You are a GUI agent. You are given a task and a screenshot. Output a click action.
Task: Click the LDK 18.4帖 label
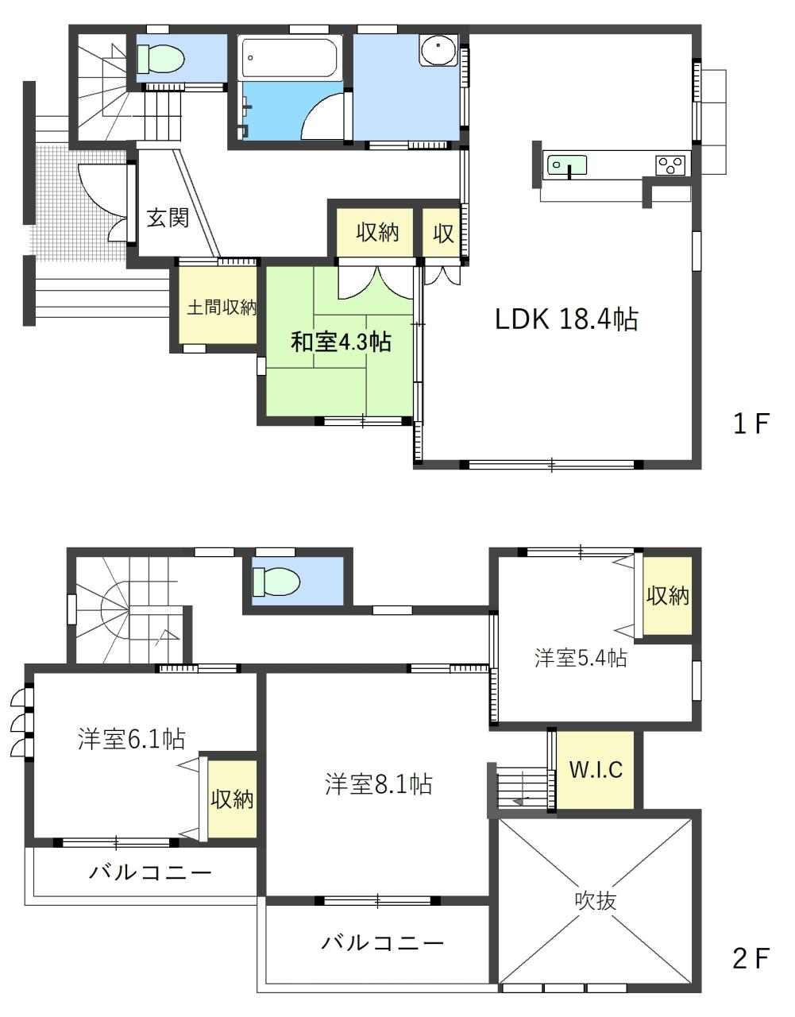click(x=566, y=319)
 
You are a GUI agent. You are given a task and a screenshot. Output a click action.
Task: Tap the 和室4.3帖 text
click(x=342, y=342)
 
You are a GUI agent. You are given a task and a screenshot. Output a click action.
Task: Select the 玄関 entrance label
click(x=168, y=218)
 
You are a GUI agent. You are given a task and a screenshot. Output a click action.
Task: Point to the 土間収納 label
click(x=222, y=307)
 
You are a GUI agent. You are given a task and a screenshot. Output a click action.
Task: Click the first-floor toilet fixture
click(x=160, y=59)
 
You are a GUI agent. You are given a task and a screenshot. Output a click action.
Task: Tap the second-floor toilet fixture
click(x=276, y=582)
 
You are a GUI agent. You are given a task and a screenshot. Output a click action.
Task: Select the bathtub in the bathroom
click(x=290, y=57)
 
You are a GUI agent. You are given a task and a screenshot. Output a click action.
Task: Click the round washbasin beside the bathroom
click(x=438, y=49)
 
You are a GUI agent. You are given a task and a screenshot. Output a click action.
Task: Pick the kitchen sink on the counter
click(x=567, y=165)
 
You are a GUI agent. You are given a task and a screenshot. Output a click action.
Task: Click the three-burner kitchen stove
click(x=672, y=164)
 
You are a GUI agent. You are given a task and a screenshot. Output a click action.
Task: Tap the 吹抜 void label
click(x=596, y=900)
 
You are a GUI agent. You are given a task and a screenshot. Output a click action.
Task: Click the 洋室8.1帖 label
click(x=379, y=784)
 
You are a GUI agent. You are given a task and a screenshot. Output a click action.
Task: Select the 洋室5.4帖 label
click(x=581, y=658)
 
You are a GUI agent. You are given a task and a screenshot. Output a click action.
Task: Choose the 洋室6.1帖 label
click(x=132, y=739)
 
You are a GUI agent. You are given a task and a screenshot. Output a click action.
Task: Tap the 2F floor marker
click(x=751, y=958)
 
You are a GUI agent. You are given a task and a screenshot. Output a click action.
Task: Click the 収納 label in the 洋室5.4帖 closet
click(x=668, y=596)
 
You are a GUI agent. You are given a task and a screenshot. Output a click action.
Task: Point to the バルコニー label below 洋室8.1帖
click(x=382, y=942)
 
